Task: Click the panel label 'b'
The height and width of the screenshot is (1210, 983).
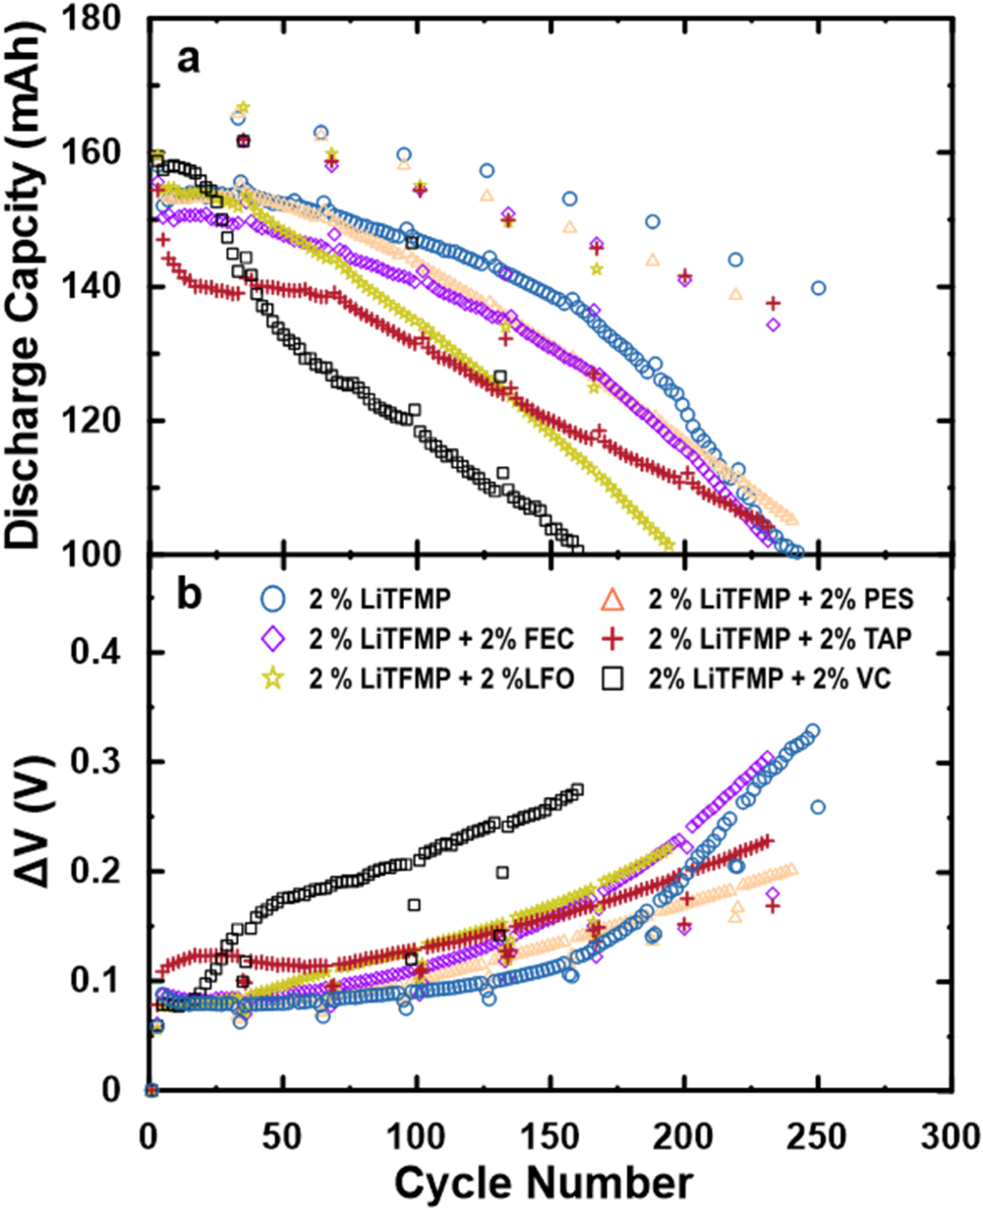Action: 189,596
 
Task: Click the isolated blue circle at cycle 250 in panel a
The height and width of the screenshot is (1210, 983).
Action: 818,288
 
